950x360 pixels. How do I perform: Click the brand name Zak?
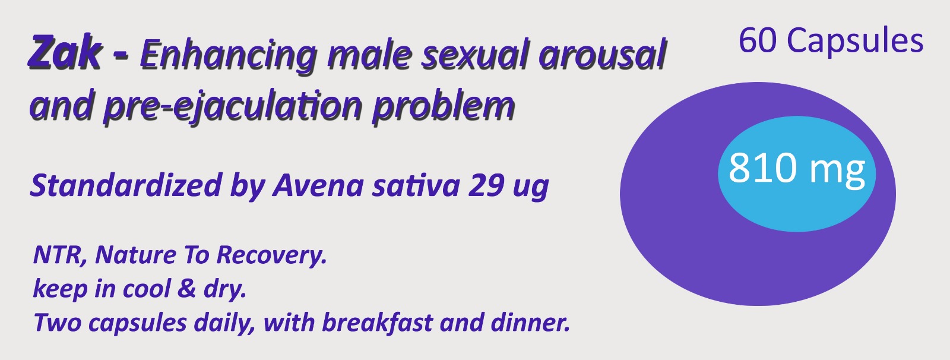click(x=65, y=52)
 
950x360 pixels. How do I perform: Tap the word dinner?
click(x=530, y=323)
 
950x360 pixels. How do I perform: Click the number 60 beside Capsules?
click(x=758, y=41)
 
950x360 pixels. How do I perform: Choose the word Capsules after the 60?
click(x=855, y=41)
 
